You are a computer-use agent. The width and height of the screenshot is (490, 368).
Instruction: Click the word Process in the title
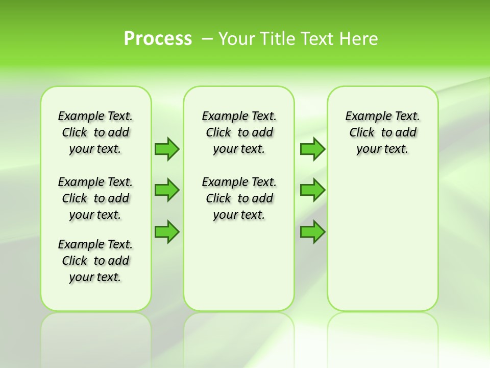[158, 39]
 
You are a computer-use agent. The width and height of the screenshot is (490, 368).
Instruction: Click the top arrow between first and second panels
[167, 149]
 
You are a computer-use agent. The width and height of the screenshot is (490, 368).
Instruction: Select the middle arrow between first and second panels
[167, 190]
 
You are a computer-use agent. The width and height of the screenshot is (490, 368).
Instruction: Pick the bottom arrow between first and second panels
[167, 232]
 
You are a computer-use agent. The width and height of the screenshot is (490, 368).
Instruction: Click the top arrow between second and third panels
[312, 149]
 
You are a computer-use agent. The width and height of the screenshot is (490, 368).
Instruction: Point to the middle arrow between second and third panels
[312, 190]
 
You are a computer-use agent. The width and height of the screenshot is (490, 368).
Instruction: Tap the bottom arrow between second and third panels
[312, 232]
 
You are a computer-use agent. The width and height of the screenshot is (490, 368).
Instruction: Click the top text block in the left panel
[95, 132]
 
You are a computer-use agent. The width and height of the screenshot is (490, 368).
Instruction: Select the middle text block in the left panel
[95, 198]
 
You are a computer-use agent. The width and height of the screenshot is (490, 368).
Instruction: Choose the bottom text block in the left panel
[95, 261]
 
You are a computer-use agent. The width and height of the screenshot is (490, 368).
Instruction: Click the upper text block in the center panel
[239, 132]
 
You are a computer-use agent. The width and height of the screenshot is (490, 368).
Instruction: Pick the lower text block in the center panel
[239, 198]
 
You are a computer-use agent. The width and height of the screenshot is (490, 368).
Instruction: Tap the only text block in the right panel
[383, 132]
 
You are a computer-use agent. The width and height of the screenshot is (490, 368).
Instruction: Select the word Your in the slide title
[237, 39]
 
